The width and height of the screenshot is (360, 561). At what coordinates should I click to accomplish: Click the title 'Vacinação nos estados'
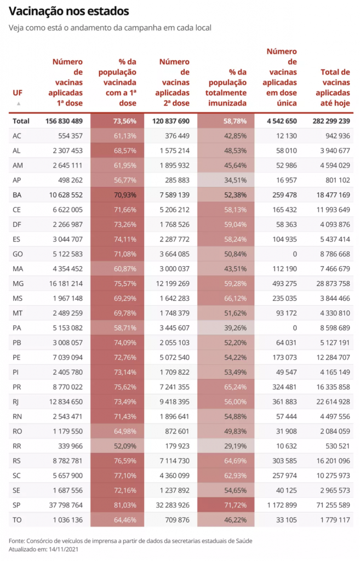tap(69, 11)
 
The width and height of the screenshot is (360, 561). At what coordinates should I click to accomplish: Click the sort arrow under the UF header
tap(18, 103)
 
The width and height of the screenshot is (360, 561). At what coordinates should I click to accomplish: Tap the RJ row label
tap(16, 401)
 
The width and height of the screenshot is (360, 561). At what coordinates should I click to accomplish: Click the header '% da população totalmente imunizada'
tap(225, 87)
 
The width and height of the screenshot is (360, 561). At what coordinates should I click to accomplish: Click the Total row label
tap(21, 121)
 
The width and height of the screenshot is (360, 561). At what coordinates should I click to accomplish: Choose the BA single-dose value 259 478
tap(283, 194)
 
